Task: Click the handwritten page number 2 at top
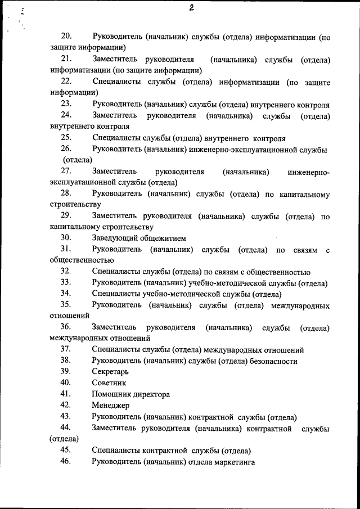click(192, 8)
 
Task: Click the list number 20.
click(66, 37)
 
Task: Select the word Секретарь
click(110, 372)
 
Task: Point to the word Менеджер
click(110, 406)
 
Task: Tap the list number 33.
click(66, 282)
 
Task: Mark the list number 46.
click(66, 462)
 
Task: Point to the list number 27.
click(66, 171)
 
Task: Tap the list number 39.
click(66, 372)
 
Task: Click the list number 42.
click(66, 406)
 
